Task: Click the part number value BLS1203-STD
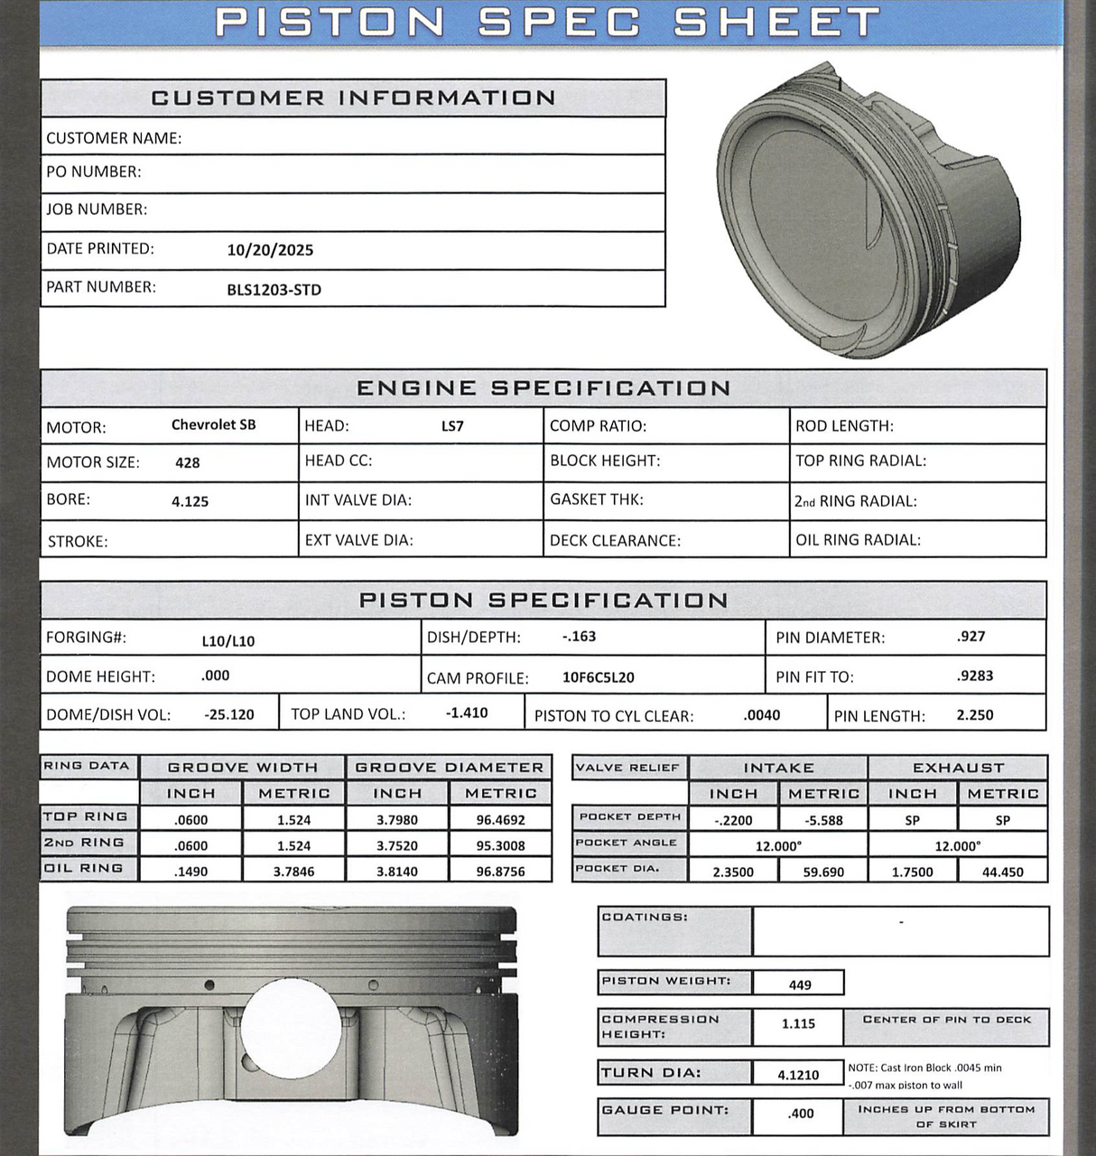pyautogui.click(x=274, y=290)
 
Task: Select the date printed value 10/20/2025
pyautogui.click(x=270, y=250)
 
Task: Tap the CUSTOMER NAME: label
pyautogui.click(x=114, y=138)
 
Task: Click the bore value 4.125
pyautogui.click(x=190, y=501)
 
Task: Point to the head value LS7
pyautogui.click(x=452, y=426)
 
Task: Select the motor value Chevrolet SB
pyautogui.click(x=213, y=424)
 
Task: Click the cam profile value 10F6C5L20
pyautogui.click(x=598, y=677)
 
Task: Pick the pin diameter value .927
pyautogui.click(x=971, y=637)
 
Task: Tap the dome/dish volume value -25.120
pyautogui.click(x=229, y=714)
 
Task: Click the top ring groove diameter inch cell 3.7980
pyautogui.click(x=397, y=820)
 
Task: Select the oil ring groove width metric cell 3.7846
pyautogui.click(x=293, y=872)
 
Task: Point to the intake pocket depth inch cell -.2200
pyautogui.click(x=732, y=821)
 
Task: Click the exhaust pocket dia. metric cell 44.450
pyautogui.click(x=1002, y=872)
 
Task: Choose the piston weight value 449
pyautogui.click(x=799, y=984)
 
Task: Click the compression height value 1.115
pyautogui.click(x=798, y=1024)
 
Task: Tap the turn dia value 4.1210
pyautogui.click(x=798, y=1075)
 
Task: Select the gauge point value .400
pyautogui.click(x=800, y=1114)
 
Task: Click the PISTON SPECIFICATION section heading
pyautogui.click(x=543, y=601)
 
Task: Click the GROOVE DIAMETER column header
pyautogui.click(x=449, y=768)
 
